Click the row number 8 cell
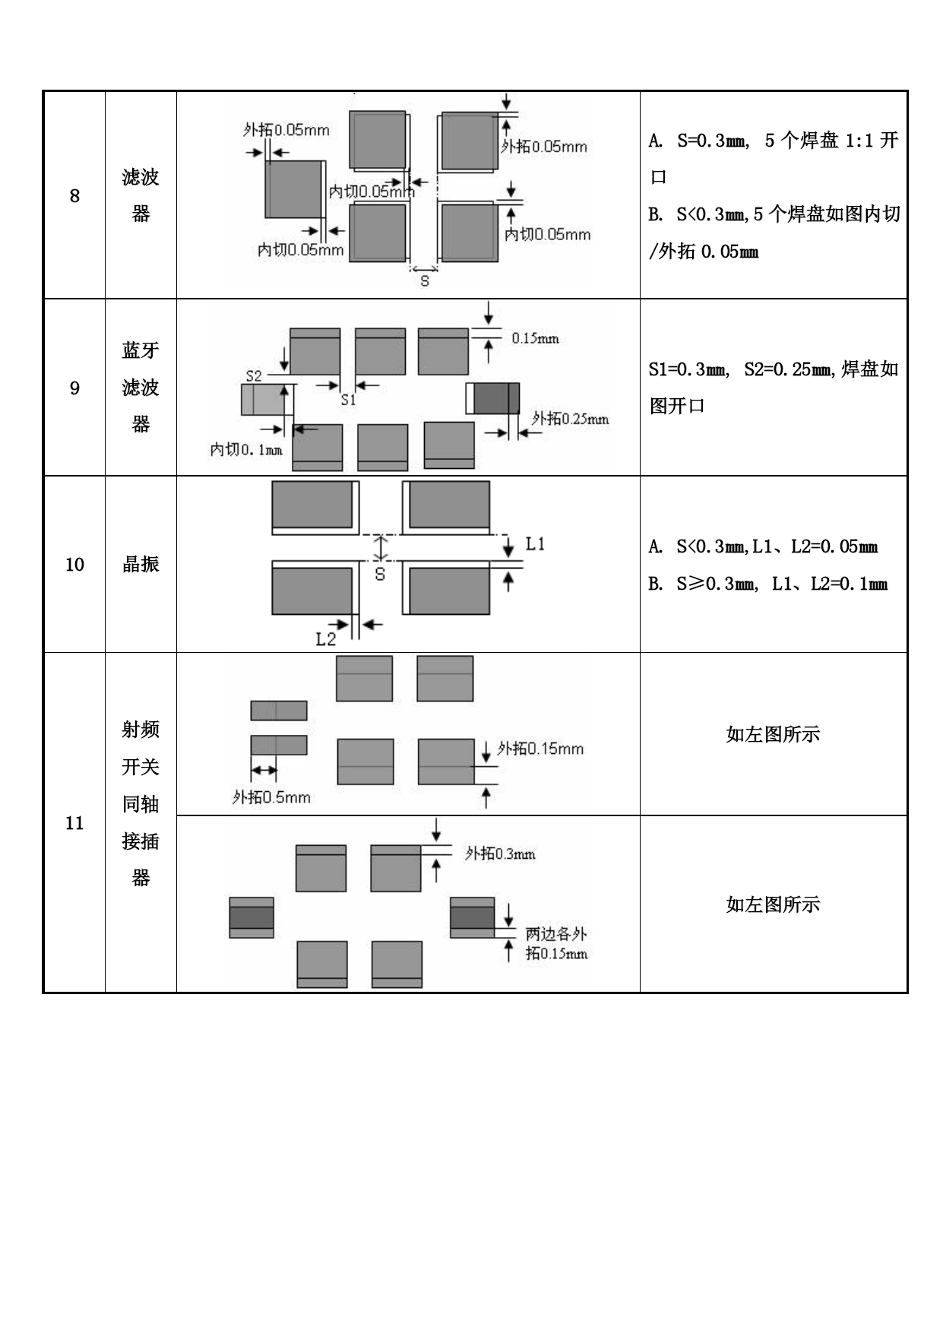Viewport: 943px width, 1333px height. tap(74, 195)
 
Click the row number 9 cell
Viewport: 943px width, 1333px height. tap(74, 388)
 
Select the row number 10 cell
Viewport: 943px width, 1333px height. tap(74, 564)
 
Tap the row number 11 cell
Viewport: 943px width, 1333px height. tap(74, 822)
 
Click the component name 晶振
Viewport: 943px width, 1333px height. tap(141, 564)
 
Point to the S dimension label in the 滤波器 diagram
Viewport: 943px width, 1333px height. tap(425, 281)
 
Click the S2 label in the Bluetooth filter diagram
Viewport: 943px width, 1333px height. tap(254, 375)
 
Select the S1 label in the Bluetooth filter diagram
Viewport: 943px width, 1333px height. tap(348, 400)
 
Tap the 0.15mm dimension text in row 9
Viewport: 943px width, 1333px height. tap(535, 338)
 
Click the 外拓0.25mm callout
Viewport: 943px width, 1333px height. tap(570, 419)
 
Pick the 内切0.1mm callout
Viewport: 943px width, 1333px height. tap(246, 450)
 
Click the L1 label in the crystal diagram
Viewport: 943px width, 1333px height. tap(535, 544)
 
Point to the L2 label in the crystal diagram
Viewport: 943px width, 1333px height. tap(325, 639)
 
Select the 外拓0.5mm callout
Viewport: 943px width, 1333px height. tap(271, 797)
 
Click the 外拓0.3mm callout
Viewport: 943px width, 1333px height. tap(500, 853)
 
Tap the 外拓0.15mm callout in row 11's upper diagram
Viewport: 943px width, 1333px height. tap(540, 749)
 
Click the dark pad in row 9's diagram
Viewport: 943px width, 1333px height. tap(496, 398)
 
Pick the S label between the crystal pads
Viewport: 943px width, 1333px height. tap(380, 575)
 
